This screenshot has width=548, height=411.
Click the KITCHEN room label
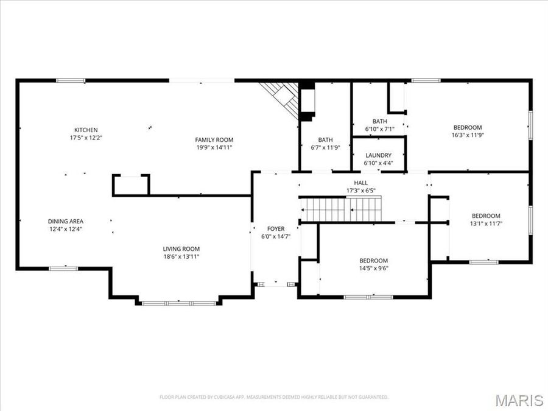86,130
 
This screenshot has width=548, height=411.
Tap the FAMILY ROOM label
214,139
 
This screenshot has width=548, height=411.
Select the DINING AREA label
66,221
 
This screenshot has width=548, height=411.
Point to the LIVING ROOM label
181,248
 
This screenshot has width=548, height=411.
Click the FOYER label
276,229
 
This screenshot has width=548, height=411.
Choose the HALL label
361,183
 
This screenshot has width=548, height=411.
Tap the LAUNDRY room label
378,155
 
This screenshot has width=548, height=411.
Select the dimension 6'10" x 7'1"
380,129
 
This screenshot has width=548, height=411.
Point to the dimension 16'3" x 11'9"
468,135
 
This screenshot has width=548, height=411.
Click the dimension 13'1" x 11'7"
486,223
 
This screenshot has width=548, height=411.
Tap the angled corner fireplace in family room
281,97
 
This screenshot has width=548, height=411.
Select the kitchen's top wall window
71,80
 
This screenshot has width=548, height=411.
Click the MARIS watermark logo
519,400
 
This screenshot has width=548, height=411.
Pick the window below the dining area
63,268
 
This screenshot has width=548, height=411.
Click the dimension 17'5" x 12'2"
86,138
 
